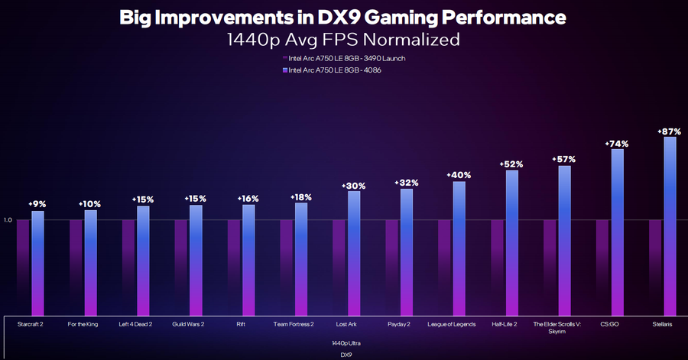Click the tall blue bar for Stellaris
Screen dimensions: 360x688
pos(670,225)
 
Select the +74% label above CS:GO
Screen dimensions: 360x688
pos(617,143)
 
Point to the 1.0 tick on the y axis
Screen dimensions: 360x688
pos(8,220)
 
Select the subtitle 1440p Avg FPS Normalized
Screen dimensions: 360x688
pos(343,38)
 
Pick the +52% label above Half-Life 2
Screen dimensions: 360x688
pos(511,164)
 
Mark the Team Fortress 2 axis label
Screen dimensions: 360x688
pos(294,324)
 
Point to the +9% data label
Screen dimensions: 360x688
pos(37,204)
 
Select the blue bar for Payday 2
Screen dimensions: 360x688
pos(407,252)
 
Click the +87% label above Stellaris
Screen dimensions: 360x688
pos(670,131)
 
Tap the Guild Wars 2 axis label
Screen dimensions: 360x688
pos(188,324)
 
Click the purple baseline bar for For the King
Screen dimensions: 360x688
pos(76,268)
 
